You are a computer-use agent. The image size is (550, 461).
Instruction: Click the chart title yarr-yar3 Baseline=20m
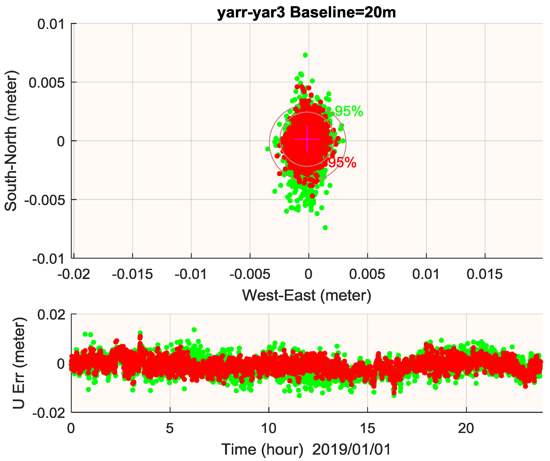pos(306,13)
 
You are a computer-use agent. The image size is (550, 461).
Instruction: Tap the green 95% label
pos(349,111)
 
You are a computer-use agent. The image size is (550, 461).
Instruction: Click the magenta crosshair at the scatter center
pos(307,139)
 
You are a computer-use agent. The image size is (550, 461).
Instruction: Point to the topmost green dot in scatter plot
pos(305,55)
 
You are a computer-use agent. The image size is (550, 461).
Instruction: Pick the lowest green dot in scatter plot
pos(325,228)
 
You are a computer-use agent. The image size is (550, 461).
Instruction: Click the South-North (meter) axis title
pos(11,141)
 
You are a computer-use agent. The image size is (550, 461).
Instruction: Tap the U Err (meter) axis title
pos(19,363)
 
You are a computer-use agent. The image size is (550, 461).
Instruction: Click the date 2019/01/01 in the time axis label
pos(351,450)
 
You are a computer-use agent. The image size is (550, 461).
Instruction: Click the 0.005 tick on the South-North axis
pos(47,83)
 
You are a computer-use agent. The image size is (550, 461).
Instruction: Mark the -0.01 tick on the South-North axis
pos(48,259)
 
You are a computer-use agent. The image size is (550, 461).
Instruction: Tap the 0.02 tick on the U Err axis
pos(51,315)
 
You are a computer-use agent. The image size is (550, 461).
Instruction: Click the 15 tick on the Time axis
pos(367,429)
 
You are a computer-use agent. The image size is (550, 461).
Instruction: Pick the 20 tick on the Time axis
pos(466,429)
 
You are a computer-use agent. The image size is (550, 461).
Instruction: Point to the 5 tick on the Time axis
pos(170,429)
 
